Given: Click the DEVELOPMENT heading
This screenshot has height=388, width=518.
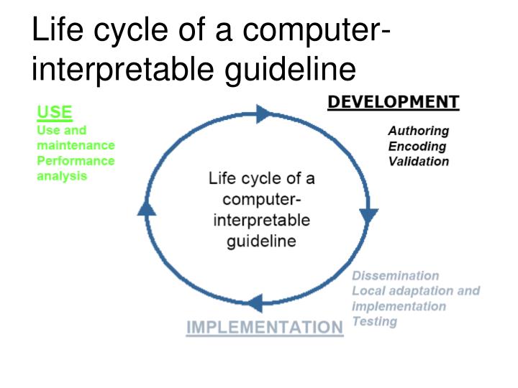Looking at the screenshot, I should coord(393,102).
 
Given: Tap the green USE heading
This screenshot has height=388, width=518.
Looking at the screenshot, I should coord(55,112).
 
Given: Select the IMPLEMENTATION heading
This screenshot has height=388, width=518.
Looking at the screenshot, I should coord(265,327).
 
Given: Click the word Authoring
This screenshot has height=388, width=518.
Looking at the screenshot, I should coord(418,131).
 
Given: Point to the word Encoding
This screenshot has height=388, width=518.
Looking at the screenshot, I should coord(417,146).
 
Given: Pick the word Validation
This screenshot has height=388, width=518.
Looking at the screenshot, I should coord(419,161).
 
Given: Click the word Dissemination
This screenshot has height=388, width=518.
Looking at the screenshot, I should coord(395,276).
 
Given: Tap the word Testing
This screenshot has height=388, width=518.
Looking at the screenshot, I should coord(374,321).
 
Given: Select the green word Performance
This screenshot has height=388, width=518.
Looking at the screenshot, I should coord(76,160).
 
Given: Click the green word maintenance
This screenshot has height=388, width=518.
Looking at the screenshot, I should coord(76,145).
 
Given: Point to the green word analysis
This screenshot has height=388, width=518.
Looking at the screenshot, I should coord(62,175).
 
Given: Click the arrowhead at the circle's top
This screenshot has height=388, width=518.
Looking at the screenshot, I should coord(263,114).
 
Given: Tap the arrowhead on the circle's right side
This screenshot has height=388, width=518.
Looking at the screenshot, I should coord(370,215).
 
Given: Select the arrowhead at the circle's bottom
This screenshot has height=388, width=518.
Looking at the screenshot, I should coord(253,302).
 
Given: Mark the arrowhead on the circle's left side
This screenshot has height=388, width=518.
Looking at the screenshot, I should coord(146,208).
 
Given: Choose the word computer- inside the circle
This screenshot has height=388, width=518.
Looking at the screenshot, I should coord(261,198).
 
